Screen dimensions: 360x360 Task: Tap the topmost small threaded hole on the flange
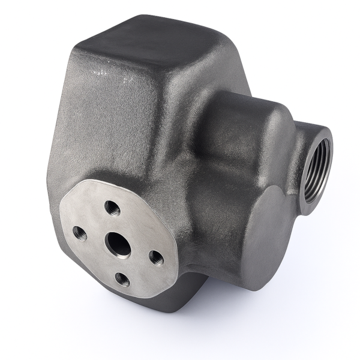[112, 208]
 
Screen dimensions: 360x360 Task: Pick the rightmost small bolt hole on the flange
[156, 258]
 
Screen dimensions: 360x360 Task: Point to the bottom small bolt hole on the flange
[122, 279]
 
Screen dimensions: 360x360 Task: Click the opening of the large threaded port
[317, 167]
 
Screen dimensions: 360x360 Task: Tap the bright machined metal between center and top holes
[114, 224]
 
